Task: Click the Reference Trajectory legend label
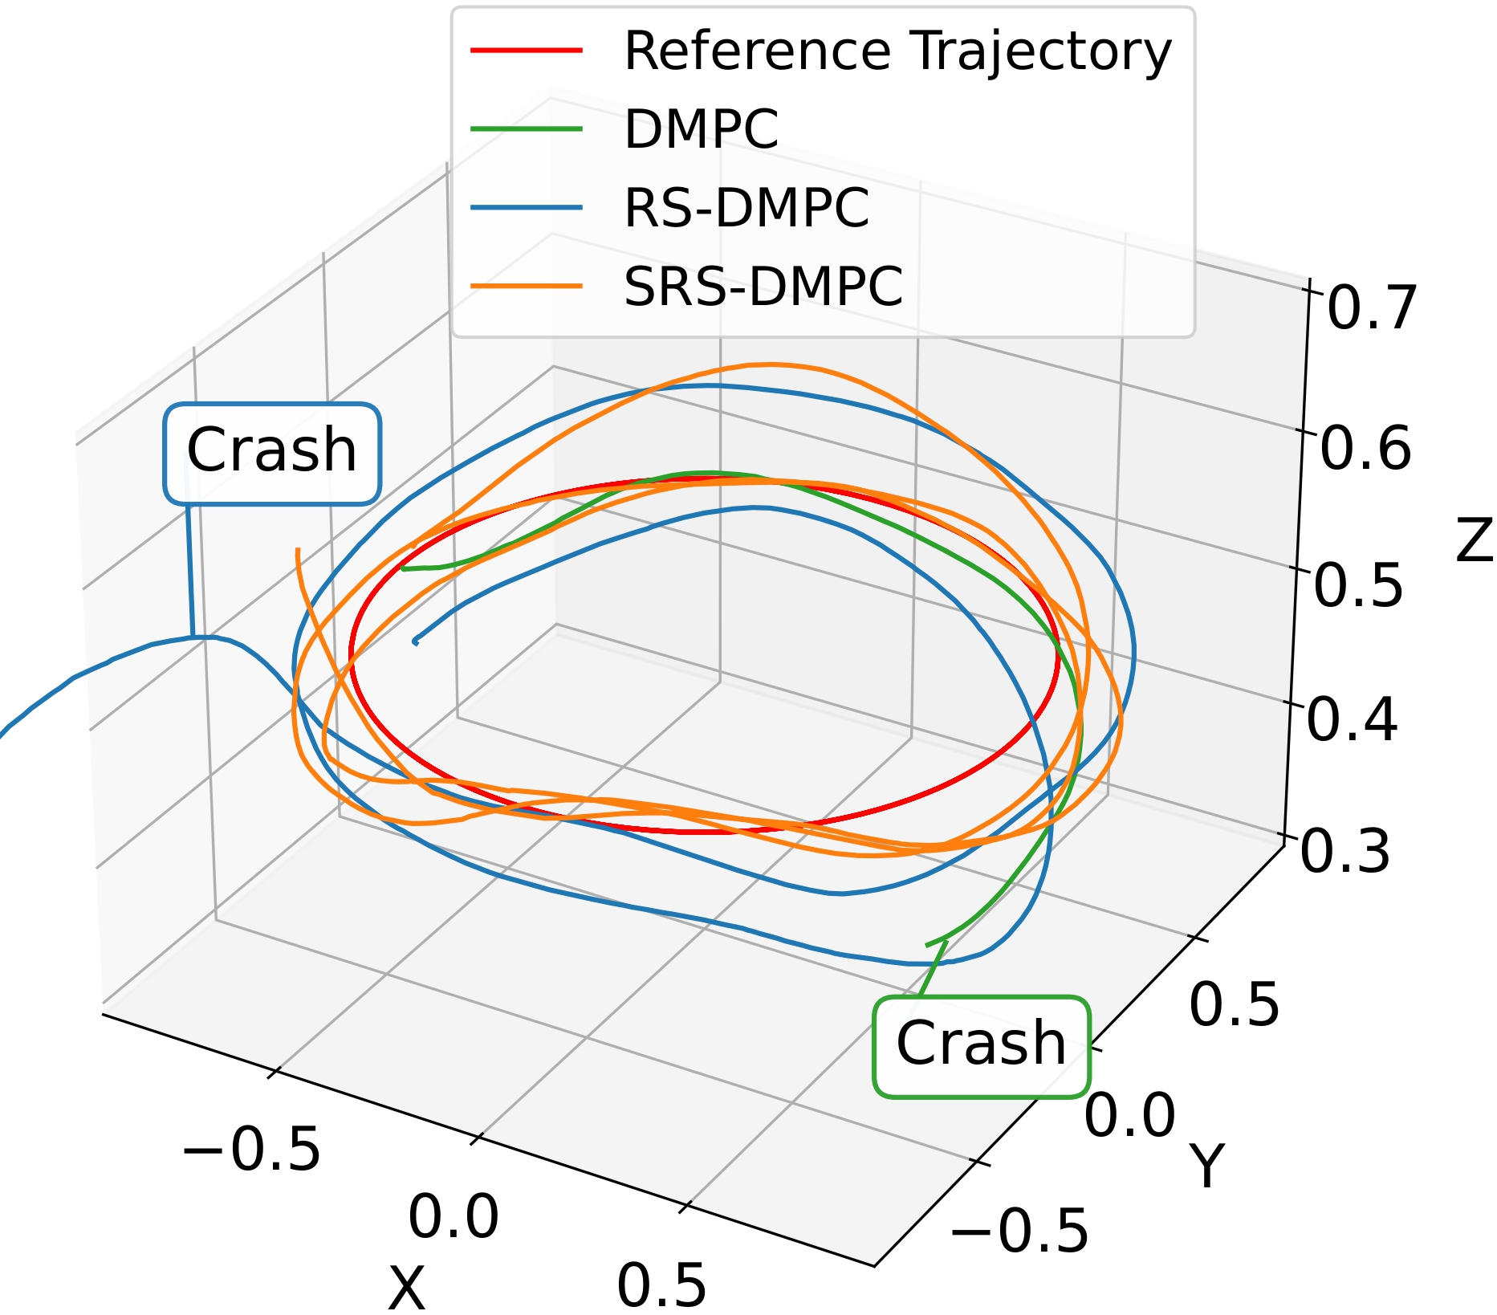pyautogui.click(x=897, y=52)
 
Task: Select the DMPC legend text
pyautogui.click(x=701, y=129)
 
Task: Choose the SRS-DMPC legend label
pyautogui.click(x=763, y=287)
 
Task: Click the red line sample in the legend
pyautogui.click(x=527, y=50)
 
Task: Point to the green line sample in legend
pyautogui.click(x=527, y=128)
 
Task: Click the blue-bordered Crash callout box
pyautogui.click(x=272, y=454)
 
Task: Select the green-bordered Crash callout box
pyautogui.click(x=982, y=1046)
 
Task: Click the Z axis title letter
pyautogui.click(x=1474, y=540)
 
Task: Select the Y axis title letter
pyautogui.click(x=1206, y=1165)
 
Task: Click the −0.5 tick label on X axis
pyautogui.click(x=251, y=1150)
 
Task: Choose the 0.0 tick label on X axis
pyautogui.click(x=454, y=1217)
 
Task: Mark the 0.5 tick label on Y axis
pyautogui.click(x=1234, y=1004)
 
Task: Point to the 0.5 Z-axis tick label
pyautogui.click(x=1358, y=584)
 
